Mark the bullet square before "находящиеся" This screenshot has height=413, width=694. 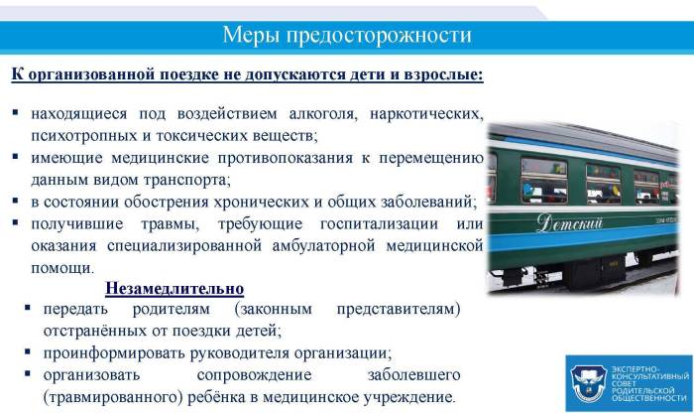[16, 111]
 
